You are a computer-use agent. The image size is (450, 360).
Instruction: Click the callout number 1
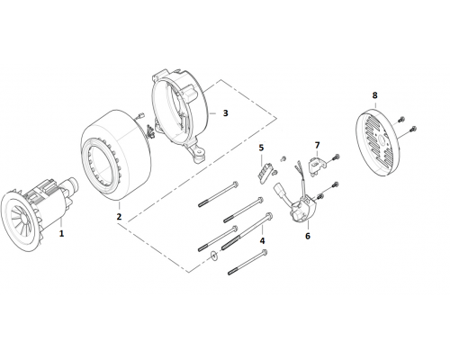[x=61, y=233]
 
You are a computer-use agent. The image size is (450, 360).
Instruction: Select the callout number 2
[x=119, y=216]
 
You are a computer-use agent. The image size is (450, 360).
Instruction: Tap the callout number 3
[x=225, y=113]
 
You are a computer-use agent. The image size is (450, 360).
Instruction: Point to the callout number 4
[x=262, y=240]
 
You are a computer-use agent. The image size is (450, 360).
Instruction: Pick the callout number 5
[x=261, y=148]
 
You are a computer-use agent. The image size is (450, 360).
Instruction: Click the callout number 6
[x=308, y=236]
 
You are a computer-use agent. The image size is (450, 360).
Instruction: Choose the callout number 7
[x=317, y=146]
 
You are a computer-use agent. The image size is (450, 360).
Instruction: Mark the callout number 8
[x=374, y=95]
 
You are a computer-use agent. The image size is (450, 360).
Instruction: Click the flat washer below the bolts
[x=214, y=256]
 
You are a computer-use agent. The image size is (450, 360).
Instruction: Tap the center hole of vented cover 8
[x=382, y=139]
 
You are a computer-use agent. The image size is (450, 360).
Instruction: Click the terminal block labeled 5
[x=265, y=172]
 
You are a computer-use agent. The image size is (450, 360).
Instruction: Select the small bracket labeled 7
[x=316, y=165]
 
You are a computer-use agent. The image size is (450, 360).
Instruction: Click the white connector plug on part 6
[x=279, y=192]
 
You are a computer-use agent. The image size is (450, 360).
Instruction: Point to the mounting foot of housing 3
[x=198, y=154]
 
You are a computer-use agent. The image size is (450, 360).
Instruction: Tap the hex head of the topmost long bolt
[x=236, y=184]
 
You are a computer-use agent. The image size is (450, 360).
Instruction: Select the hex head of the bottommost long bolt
[x=265, y=253]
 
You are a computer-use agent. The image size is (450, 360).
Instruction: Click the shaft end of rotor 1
[x=72, y=182]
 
